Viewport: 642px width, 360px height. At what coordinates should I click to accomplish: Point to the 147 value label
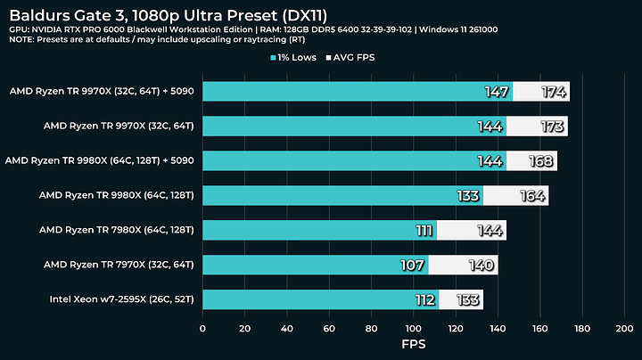pyautogui.click(x=496, y=92)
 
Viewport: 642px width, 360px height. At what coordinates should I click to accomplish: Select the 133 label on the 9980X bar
pyautogui.click(x=466, y=195)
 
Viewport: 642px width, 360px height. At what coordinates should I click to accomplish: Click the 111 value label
pyautogui.click(x=424, y=230)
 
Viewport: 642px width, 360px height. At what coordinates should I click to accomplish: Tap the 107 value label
pyautogui.click(x=416, y=265)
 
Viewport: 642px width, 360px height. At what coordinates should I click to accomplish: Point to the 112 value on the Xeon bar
pyautogui.click(x=424, y=299)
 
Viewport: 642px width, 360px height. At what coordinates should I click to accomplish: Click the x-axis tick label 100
pyautogui.click(x=414, y=329)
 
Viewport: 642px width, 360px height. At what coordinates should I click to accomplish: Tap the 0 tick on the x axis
pyautogui.click(x=202, y=329)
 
